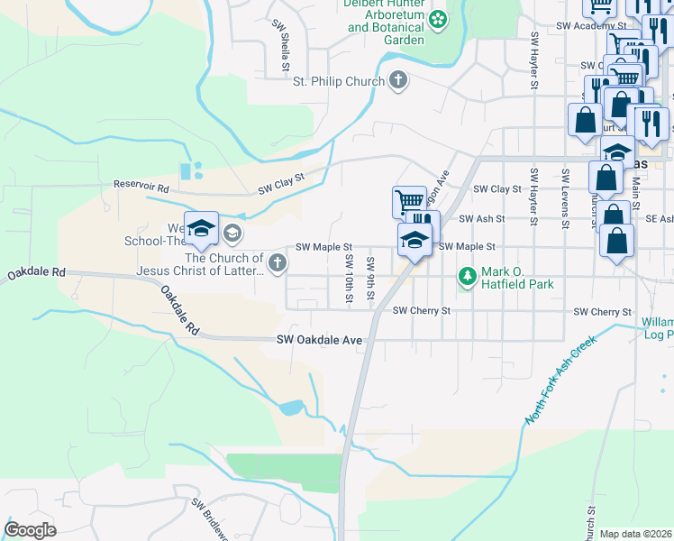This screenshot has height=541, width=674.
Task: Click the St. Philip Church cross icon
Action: pos(397,81)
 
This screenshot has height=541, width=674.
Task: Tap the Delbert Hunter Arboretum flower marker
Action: pos(438,18)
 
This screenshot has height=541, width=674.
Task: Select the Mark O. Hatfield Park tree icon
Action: pos(467,275)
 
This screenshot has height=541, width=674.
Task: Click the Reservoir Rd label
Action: pos(141,187)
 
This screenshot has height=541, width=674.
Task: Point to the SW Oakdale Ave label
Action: pos(319,340)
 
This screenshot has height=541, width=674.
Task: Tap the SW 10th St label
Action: pos(348,280)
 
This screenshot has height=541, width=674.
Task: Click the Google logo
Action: pos(30,530)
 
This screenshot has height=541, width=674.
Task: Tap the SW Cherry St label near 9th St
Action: pos(421,310)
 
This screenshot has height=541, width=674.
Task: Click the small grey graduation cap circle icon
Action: pos(232,234)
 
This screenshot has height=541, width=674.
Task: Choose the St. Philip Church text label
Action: pos(339,82)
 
